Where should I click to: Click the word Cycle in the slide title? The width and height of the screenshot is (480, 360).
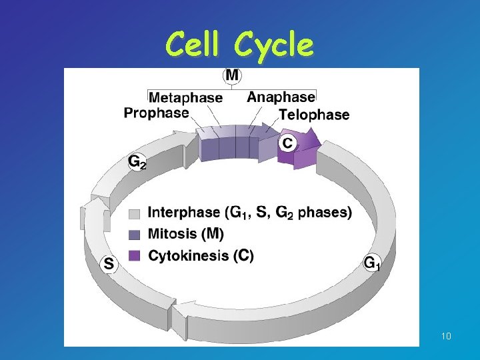tap(274, 45)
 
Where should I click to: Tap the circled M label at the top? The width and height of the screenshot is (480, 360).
tap(231, 75)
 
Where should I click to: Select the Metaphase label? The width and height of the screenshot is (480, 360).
tap(185, 97)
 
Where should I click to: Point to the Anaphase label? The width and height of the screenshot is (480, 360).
tap(281, 97)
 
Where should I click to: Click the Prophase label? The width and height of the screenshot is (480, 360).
tap(156, 113)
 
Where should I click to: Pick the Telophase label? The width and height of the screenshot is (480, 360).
tap(314, 115)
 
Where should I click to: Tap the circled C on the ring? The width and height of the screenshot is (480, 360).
tap(287, 143)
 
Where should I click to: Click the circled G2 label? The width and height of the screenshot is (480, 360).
tap(137, 162)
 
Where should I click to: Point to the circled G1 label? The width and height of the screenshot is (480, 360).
tap(372, 263)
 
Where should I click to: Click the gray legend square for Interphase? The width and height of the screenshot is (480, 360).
tap(134, 214)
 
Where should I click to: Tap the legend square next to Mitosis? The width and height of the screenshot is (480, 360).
tap(134, 235)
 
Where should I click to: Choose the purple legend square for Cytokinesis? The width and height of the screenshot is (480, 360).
tap(134, 255)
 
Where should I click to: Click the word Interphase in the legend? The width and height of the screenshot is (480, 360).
tap(183, 213)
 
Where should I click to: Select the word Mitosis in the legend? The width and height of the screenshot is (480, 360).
tap(172, 234)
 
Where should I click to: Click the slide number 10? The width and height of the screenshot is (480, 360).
tap(446, 336)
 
